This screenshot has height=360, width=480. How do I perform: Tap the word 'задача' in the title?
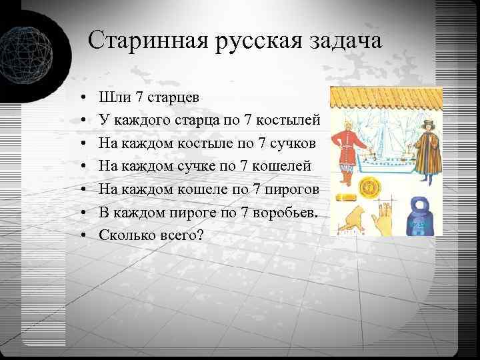coord(343,41)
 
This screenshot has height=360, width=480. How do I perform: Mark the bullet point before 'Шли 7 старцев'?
coord(81,97)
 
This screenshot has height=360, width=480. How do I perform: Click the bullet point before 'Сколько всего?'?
coord(81,235)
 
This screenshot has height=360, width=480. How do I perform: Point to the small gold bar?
coord(345,198)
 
